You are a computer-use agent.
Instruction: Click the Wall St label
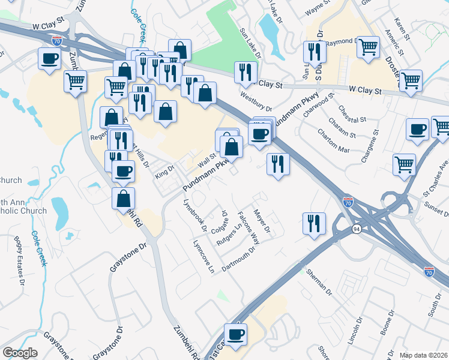(207, 160)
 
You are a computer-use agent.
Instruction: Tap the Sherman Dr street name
(319, 282)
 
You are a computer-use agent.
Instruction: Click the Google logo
(20, 353)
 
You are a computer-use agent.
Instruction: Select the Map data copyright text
(423, 355)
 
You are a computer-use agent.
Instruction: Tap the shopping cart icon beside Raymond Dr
(367, 46)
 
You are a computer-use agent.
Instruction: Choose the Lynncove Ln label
(203, 256)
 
